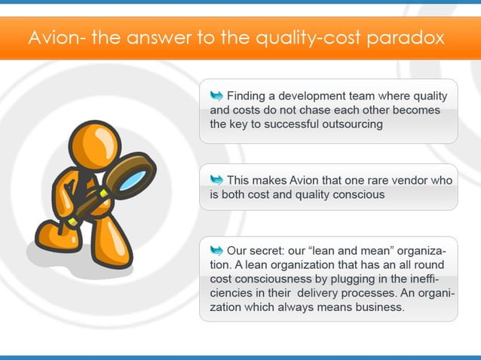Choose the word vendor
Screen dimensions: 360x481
pos(432,180)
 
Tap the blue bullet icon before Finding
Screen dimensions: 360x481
pos(216,95)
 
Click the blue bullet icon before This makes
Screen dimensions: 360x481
pos(216,179)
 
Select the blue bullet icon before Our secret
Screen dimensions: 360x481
pos(216,249)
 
